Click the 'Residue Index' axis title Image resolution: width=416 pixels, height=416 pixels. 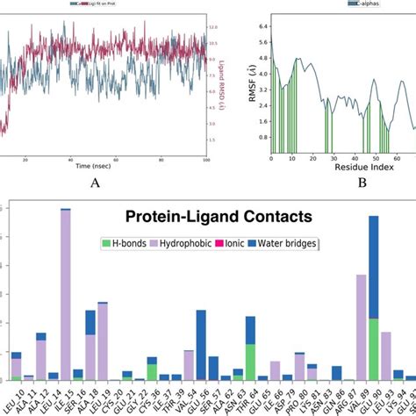343,166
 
